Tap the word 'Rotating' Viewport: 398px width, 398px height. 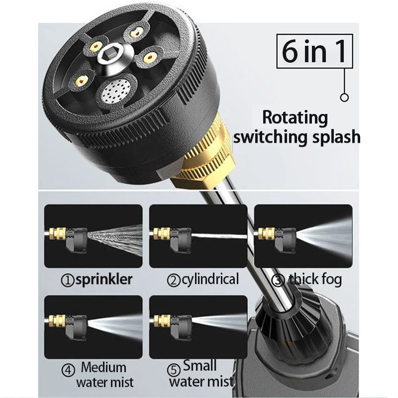295,118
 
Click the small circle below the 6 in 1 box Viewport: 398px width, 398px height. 344,98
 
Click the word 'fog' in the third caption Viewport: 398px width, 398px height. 331,279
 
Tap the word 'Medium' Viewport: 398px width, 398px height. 103,368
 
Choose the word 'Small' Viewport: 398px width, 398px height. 200,366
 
